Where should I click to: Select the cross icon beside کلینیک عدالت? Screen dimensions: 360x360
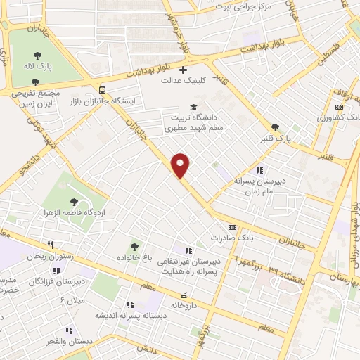click(183, 70)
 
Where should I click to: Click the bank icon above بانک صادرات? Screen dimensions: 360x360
click(233, 227)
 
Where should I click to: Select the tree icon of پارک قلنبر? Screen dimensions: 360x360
click(274, 127)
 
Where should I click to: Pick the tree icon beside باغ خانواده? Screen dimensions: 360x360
click(134, 247)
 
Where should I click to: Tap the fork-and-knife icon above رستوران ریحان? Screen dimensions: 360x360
click(50, 244)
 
